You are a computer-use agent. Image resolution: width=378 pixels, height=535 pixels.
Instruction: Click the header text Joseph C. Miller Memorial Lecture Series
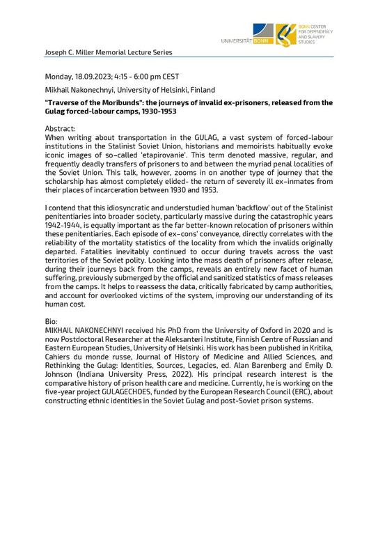[102, 52]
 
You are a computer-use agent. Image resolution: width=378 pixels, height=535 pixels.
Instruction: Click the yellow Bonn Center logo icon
[285, 33]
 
